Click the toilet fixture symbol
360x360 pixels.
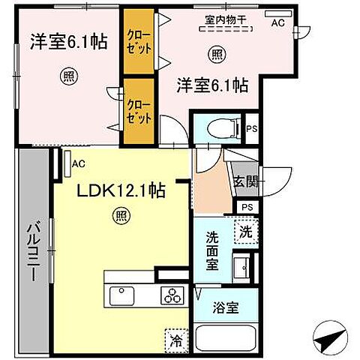pos(219,130)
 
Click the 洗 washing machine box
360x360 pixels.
pos(244,232)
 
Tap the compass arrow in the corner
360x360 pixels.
pos(331,341)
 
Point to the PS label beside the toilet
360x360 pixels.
pos(251,129)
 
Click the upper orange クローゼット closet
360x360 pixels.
pos(139,40)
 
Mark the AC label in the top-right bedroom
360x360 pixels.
pos(277,23)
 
